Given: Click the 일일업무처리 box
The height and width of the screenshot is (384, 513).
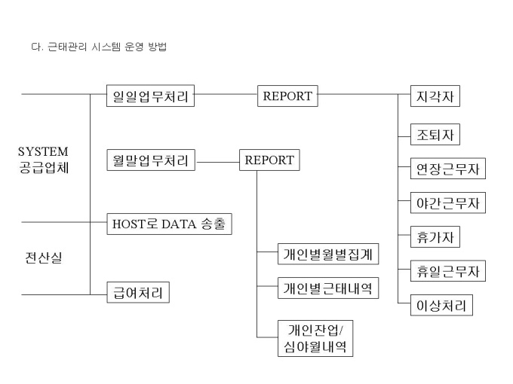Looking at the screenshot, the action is click(x=150, y=96).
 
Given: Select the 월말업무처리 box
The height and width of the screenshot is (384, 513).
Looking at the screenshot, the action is click(x=151, y=160).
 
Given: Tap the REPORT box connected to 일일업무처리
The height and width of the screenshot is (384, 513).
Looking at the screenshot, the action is click(x=287, y=96).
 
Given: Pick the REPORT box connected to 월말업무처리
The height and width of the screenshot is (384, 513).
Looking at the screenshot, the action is click(x=269, y=160).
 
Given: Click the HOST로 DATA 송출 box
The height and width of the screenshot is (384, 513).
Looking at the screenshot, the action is click(x=169, y=224).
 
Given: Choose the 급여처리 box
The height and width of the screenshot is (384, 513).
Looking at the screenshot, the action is click(x=138, y=293).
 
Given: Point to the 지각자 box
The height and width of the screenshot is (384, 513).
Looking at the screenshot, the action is click(x=435, y=96).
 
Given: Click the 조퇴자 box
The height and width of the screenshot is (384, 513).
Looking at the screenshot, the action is click(x=435, y=134).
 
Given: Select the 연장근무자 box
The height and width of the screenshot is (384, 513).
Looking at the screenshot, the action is click(x=448, y=169).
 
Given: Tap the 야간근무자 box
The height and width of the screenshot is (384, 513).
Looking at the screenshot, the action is click(x=448, y=203).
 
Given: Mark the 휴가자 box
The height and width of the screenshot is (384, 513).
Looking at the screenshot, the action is click(x=435, y=236).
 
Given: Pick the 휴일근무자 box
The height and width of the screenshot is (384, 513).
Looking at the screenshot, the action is click(x=448, y=271).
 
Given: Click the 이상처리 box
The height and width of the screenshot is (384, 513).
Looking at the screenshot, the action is click(x=441, y=305).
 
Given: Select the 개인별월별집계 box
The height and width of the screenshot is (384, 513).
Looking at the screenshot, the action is click(x=328, y=254).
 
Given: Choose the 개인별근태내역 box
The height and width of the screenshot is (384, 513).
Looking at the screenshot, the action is click(x=328, y=288).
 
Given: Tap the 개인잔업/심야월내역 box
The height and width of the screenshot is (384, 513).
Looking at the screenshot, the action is click(x=315, y=338).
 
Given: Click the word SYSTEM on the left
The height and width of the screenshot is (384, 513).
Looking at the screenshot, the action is click(x=43, y=151).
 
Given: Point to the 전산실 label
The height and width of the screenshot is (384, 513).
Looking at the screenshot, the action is click(x=44, y=258).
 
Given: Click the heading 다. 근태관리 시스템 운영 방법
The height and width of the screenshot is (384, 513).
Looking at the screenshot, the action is click(x=99, y=47).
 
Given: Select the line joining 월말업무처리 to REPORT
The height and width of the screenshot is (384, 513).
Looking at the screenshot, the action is click(x=218, y=162).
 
